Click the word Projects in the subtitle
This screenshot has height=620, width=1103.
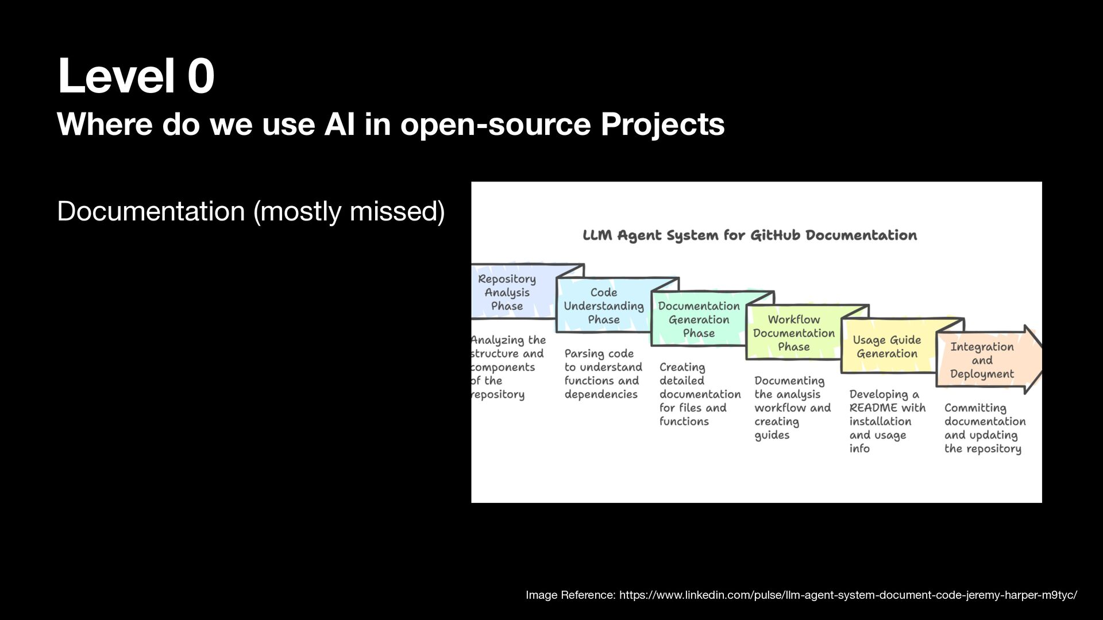pos(662,124)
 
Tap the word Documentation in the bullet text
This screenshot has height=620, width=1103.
pos(151,211)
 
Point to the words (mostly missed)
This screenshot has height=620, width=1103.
pos(349,212)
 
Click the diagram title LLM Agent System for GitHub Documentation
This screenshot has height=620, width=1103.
pos(750,235)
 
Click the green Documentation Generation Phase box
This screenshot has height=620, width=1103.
pos(699,319)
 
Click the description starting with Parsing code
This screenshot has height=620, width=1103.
pos(603,374)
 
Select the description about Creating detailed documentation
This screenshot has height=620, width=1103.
pos(700,394)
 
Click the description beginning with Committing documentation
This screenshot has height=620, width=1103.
pos(985,428)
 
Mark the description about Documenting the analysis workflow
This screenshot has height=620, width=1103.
pos(793,408)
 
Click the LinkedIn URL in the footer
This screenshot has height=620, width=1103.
pos(848,595)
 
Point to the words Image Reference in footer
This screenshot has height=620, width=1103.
pos(570,595)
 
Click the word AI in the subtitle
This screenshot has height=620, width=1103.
pos(340,124)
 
